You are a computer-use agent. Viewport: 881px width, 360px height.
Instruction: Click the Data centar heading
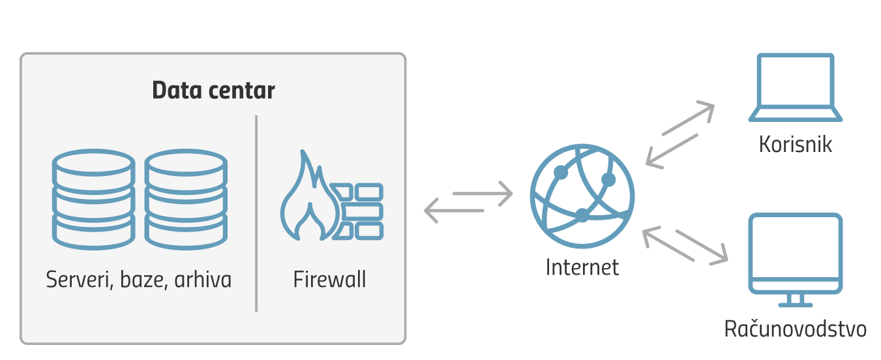213,91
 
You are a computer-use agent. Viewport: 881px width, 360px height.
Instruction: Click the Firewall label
329,280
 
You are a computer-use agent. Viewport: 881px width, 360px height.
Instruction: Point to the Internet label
582,267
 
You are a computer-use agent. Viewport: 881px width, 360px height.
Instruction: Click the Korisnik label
796,144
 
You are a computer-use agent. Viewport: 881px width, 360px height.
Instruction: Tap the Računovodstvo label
796,329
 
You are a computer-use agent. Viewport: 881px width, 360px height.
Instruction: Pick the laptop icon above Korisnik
795,87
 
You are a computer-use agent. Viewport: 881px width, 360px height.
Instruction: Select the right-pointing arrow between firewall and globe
483,193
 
